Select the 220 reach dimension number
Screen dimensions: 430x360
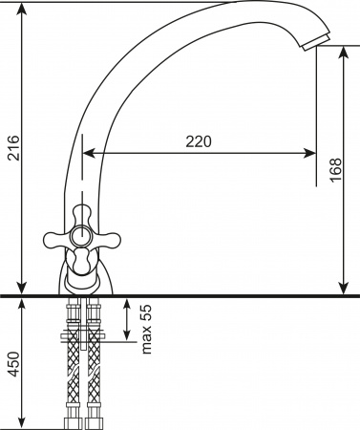click(x=198, y=140)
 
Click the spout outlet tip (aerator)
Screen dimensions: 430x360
click(x=314, y=42)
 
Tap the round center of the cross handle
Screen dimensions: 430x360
click(x=80, y=239)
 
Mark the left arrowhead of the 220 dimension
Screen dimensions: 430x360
click(x=89, y=152)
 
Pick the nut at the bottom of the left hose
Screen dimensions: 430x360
click(x=71, y=421)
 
